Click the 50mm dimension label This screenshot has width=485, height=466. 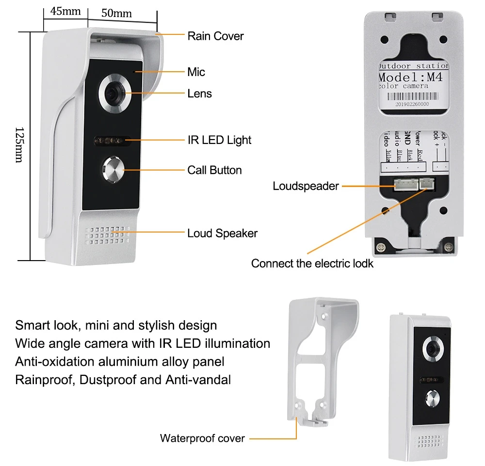click(116, 13)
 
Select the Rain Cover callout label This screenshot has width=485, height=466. click(215, 36)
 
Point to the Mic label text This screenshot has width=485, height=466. click(196, 72)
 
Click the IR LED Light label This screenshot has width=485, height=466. click(219, 140)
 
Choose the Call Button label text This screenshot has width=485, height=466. click(214, 170)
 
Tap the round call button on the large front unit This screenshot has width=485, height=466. click(113, 170)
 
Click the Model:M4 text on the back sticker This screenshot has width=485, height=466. click(413, 78)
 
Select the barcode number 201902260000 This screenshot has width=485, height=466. click(412, 104)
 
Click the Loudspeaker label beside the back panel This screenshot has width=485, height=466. click(306, 186)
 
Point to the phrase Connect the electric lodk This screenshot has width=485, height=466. click(312, 264)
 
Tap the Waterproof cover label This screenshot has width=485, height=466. click(202, 438)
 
